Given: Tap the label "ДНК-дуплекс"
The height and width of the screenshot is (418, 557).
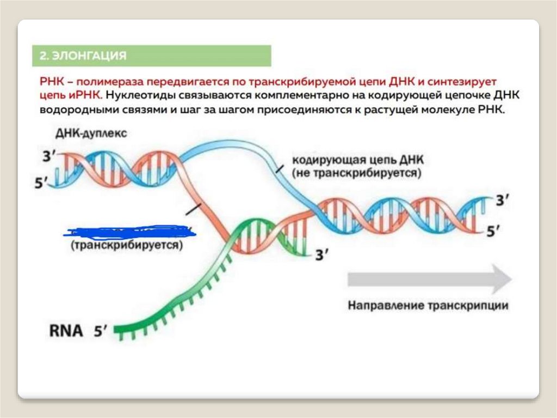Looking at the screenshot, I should [x=91, y=134].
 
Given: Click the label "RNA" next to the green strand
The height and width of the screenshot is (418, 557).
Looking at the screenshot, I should [x=66, y=331].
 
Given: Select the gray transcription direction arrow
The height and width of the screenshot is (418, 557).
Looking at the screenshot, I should [x=429, y=278].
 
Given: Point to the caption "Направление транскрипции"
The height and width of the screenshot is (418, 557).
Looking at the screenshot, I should [x=428, y=305].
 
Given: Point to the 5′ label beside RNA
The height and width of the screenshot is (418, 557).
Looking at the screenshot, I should [x=101, y=331].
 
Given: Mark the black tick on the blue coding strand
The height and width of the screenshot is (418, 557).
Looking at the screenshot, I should [x=279, y=169].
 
